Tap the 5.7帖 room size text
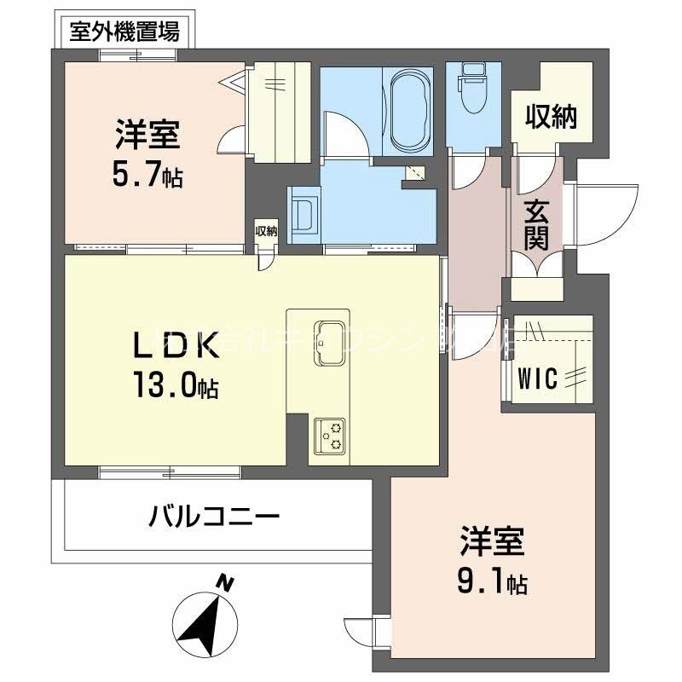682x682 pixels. coord(147,177)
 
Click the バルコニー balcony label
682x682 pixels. coord(213,517)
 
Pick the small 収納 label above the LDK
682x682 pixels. coord(266,231)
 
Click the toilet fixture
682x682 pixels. coord(471,86)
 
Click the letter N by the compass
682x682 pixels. coord(224,584)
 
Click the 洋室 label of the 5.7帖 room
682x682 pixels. coord(147,136)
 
